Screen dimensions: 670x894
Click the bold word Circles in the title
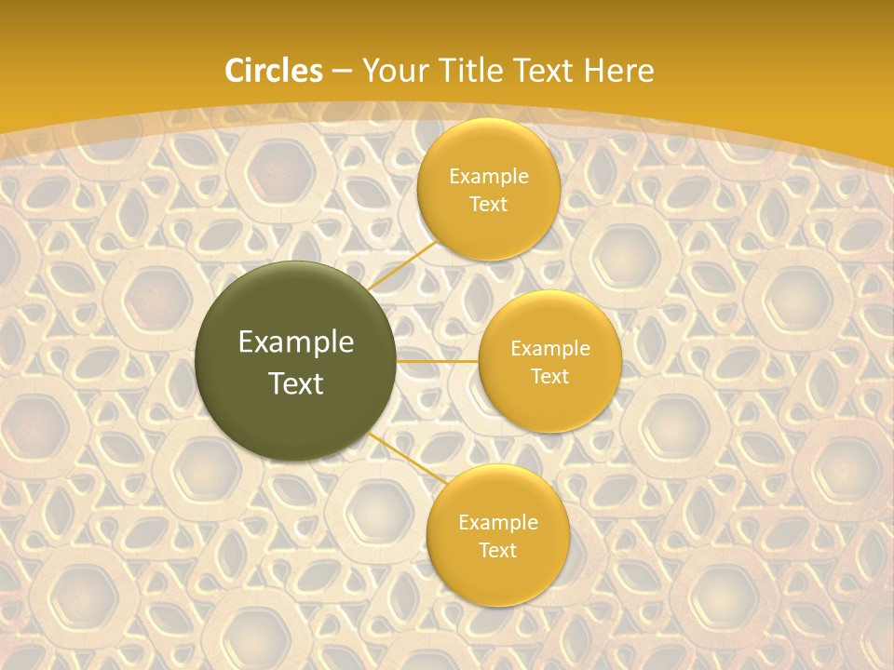pyautogui.click(x=273, y=71)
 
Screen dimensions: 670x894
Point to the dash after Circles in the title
pyautogui.click(x=341, y=72)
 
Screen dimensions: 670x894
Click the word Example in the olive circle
pyautogui.click(x=296, y=342)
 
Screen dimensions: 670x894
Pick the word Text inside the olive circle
pyautogui.click(x=296, y=383)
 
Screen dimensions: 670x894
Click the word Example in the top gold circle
pyautogui.click(x=489, y=177)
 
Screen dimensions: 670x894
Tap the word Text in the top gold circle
pyautogui.click(x=489, y=205)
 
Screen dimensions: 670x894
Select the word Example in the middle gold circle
pyautogui.click(x=550, y=349)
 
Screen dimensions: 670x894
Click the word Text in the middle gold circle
pyautogui.click(x=550, y=377)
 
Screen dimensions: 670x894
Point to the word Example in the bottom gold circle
pyautogui.click(x=497, y=523)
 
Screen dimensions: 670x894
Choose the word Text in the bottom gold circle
pyautogui.click(x=497, y=551)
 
